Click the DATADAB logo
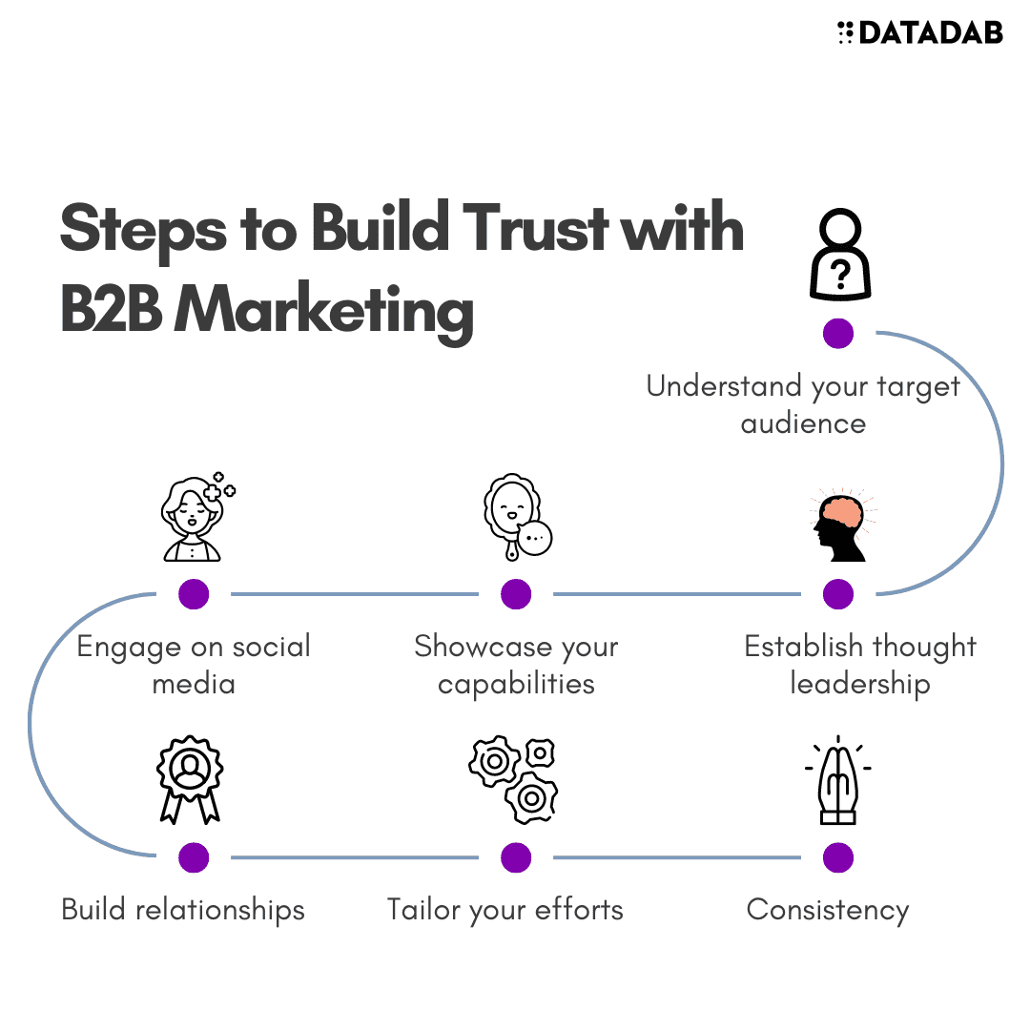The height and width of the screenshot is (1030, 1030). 919,33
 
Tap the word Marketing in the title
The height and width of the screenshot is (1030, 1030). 324,311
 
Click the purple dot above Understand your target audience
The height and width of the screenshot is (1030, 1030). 838,333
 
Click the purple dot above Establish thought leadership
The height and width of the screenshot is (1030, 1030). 838,594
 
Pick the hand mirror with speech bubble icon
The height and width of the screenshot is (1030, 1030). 517,516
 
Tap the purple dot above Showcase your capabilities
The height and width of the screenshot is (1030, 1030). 516,594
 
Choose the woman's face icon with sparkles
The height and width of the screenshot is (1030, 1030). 196,518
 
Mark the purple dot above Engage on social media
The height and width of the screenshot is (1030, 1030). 194,594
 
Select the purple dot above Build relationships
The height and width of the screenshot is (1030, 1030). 194,857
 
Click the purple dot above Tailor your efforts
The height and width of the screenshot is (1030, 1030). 516,857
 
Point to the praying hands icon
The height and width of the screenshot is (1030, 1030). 838,779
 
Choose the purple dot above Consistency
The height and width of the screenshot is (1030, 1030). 838,857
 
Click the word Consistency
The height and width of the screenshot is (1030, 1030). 828,910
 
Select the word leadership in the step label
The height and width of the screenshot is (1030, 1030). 859,684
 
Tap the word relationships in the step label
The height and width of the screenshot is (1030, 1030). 220,910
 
